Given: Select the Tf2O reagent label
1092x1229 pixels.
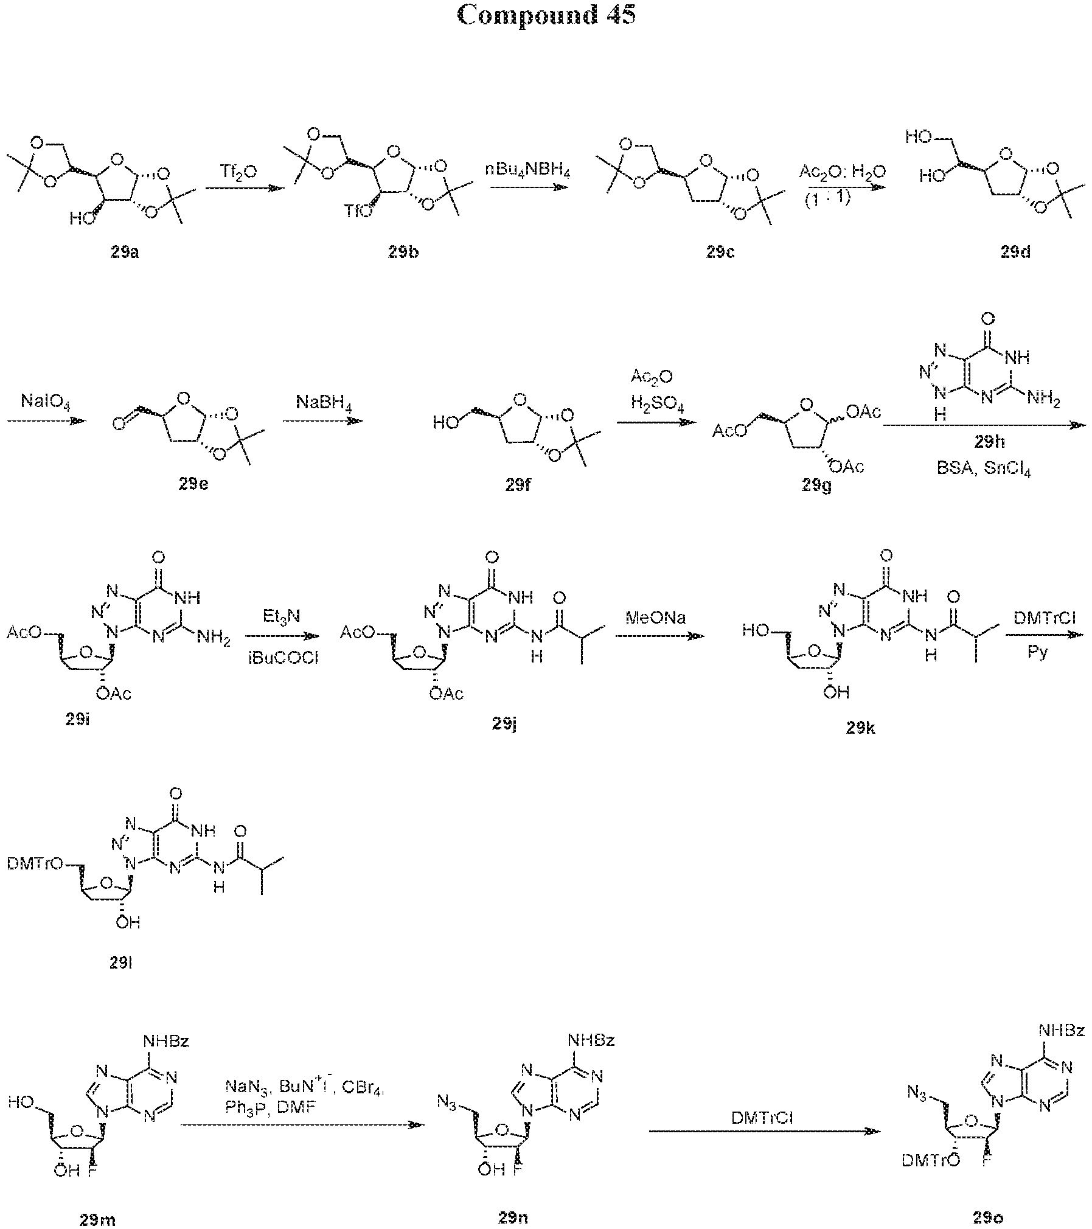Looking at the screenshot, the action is coord(238,173).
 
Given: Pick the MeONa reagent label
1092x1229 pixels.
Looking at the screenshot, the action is coord(656,618).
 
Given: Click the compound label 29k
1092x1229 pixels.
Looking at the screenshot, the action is coord(860,728).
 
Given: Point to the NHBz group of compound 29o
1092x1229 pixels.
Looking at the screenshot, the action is coord(1061,1031).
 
